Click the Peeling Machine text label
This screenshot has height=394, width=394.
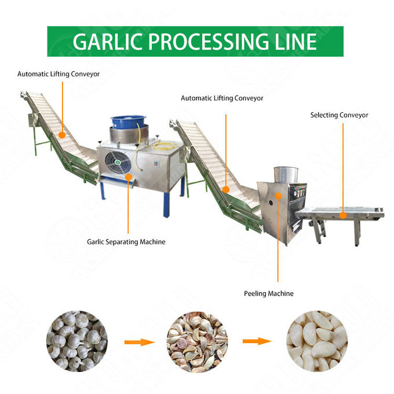[268, 294]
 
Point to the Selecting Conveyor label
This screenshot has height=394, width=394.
[339, 115]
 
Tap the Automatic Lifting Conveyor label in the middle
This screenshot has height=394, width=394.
[222, 98]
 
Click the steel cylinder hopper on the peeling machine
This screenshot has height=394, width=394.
[285, 175]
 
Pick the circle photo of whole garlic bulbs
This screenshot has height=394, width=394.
[76, 341]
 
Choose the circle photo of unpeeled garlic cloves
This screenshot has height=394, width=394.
[197, 341]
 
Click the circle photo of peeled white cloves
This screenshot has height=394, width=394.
[316, 341]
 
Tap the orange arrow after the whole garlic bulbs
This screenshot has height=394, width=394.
[139, 342]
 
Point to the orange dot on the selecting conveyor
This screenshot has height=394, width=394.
[342, 215]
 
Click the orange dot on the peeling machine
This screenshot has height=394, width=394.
[278, 196]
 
